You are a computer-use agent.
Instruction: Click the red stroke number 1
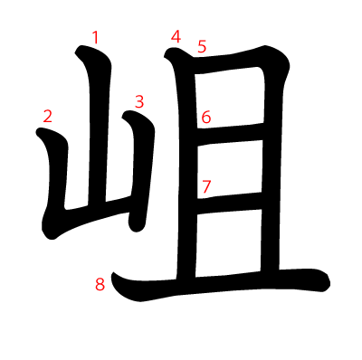tap(95, 38)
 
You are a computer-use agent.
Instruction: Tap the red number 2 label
tap(48, 116)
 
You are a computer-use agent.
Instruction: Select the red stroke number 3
tap(139, 101)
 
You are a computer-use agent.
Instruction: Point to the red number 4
tap(176, 37)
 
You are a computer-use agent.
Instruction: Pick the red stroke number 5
tap(202, 46)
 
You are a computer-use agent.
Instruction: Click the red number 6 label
tap(206, 117)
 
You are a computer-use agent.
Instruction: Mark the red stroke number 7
tap(206, 187)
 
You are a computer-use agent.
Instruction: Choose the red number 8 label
tap(100, 284)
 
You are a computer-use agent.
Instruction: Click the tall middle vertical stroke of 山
tap(98, 127)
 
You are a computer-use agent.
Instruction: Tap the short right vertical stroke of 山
tap(141, 169)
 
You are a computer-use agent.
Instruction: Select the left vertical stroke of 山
tap(56, 181)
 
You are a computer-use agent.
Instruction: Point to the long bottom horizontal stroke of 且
tap(220, 285)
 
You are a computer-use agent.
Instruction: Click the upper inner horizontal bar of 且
tap(230, 135)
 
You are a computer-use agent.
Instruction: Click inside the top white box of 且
tap(230, 98)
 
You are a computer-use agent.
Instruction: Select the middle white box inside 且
tap(230, 169)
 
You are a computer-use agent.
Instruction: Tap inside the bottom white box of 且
tap(228, 242)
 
